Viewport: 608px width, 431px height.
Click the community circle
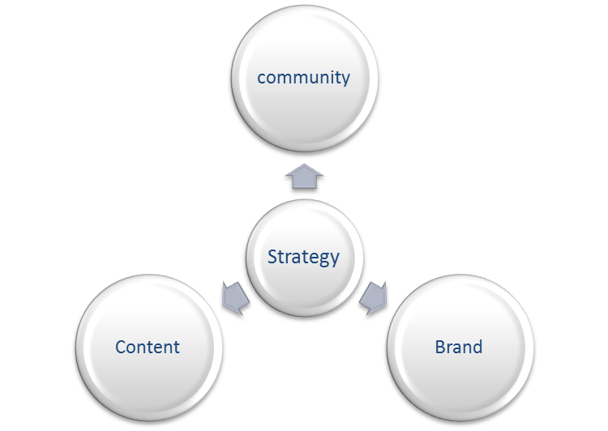[x=304, y=79]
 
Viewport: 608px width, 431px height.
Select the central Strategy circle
[x=304, y=258]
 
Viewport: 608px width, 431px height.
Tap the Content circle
[x=149, y=348]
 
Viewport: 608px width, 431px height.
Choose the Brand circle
[x=460, y=348]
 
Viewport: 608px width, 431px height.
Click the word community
[x=304, y=78]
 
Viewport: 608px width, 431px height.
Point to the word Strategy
[x=304, y=257]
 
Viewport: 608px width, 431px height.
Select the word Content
[x=148, y=347]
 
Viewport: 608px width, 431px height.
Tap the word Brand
[x=459, y=347]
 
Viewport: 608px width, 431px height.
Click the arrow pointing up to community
[x=304, y=177]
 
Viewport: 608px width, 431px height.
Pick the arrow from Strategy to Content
[x=235, y=298]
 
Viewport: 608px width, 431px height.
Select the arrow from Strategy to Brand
[x=374, y=298]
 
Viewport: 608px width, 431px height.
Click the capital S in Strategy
[x=272, y=257]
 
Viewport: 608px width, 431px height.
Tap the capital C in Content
[x=122, y=347]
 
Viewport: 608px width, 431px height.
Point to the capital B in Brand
[x=440, y=347]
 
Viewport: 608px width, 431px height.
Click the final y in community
[x=345, y=80]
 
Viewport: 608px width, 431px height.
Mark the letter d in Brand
[x=477, y=347]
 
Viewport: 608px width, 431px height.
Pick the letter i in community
[x=329, y=77]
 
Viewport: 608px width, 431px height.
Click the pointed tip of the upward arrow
[x=304, y=164]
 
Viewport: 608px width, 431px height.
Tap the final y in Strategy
[x=334, y=260]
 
